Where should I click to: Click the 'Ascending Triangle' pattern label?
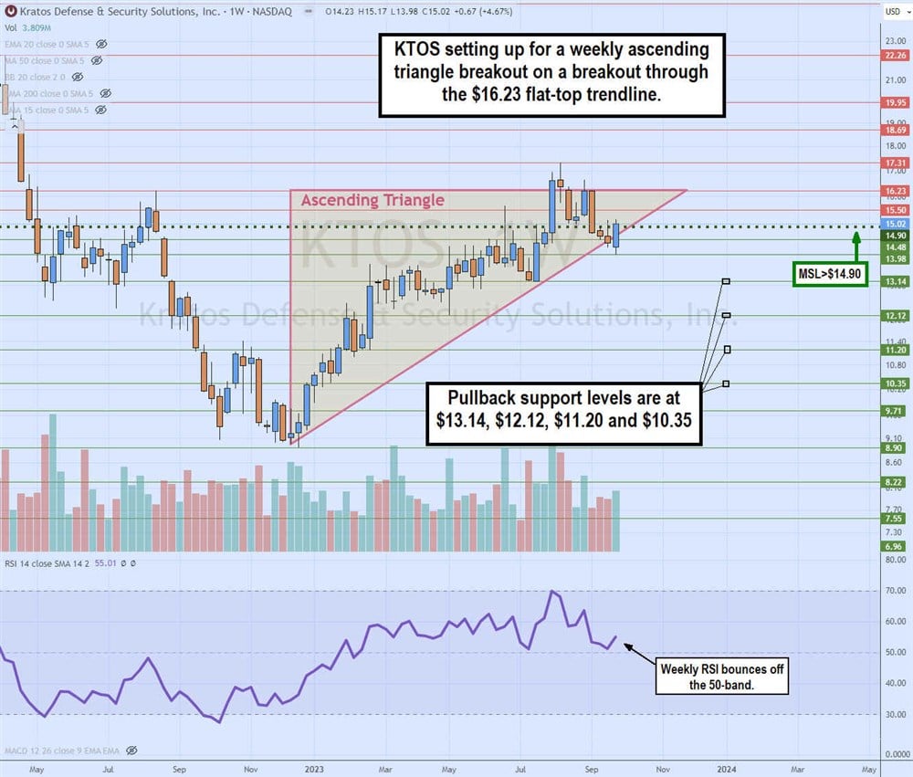click(373, 200)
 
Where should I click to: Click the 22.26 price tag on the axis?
click(894, 55)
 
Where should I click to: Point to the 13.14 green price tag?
click(894, 282)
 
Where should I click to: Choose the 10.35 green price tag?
click(894, 384)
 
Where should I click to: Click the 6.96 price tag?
click(894, 546)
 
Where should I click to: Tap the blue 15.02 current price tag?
click(894, 224)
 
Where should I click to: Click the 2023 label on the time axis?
click(313, 768)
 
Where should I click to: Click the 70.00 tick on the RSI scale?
click(894, 592)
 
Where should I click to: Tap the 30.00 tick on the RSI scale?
click(894, 715)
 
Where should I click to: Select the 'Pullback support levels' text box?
click(564, 414)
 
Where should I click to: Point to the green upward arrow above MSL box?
click(855, 246)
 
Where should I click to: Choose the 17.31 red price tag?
click(894, 163)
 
